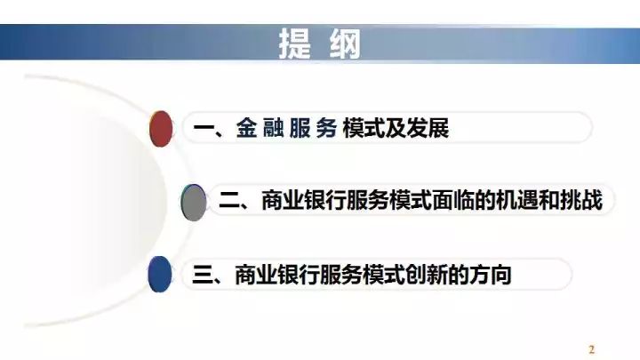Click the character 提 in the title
(295, 44)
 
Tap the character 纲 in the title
(345, 44)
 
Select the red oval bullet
(161, 129)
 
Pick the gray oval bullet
(193, 203)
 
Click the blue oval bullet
(160, 275)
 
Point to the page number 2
(591, 349)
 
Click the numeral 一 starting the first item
(204, 128)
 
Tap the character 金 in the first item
(246, 128)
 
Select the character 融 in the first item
(274, 128)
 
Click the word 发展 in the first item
(428, 128)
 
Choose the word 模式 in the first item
(364, 128)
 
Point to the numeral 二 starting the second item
(229, 201)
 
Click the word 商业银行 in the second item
(303, 200)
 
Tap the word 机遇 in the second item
(517, 200)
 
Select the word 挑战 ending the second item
(581, 200)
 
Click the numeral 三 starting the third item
(203, 275)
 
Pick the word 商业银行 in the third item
(277, 275)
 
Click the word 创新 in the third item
(427, 275)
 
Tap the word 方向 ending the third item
(491, 275)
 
